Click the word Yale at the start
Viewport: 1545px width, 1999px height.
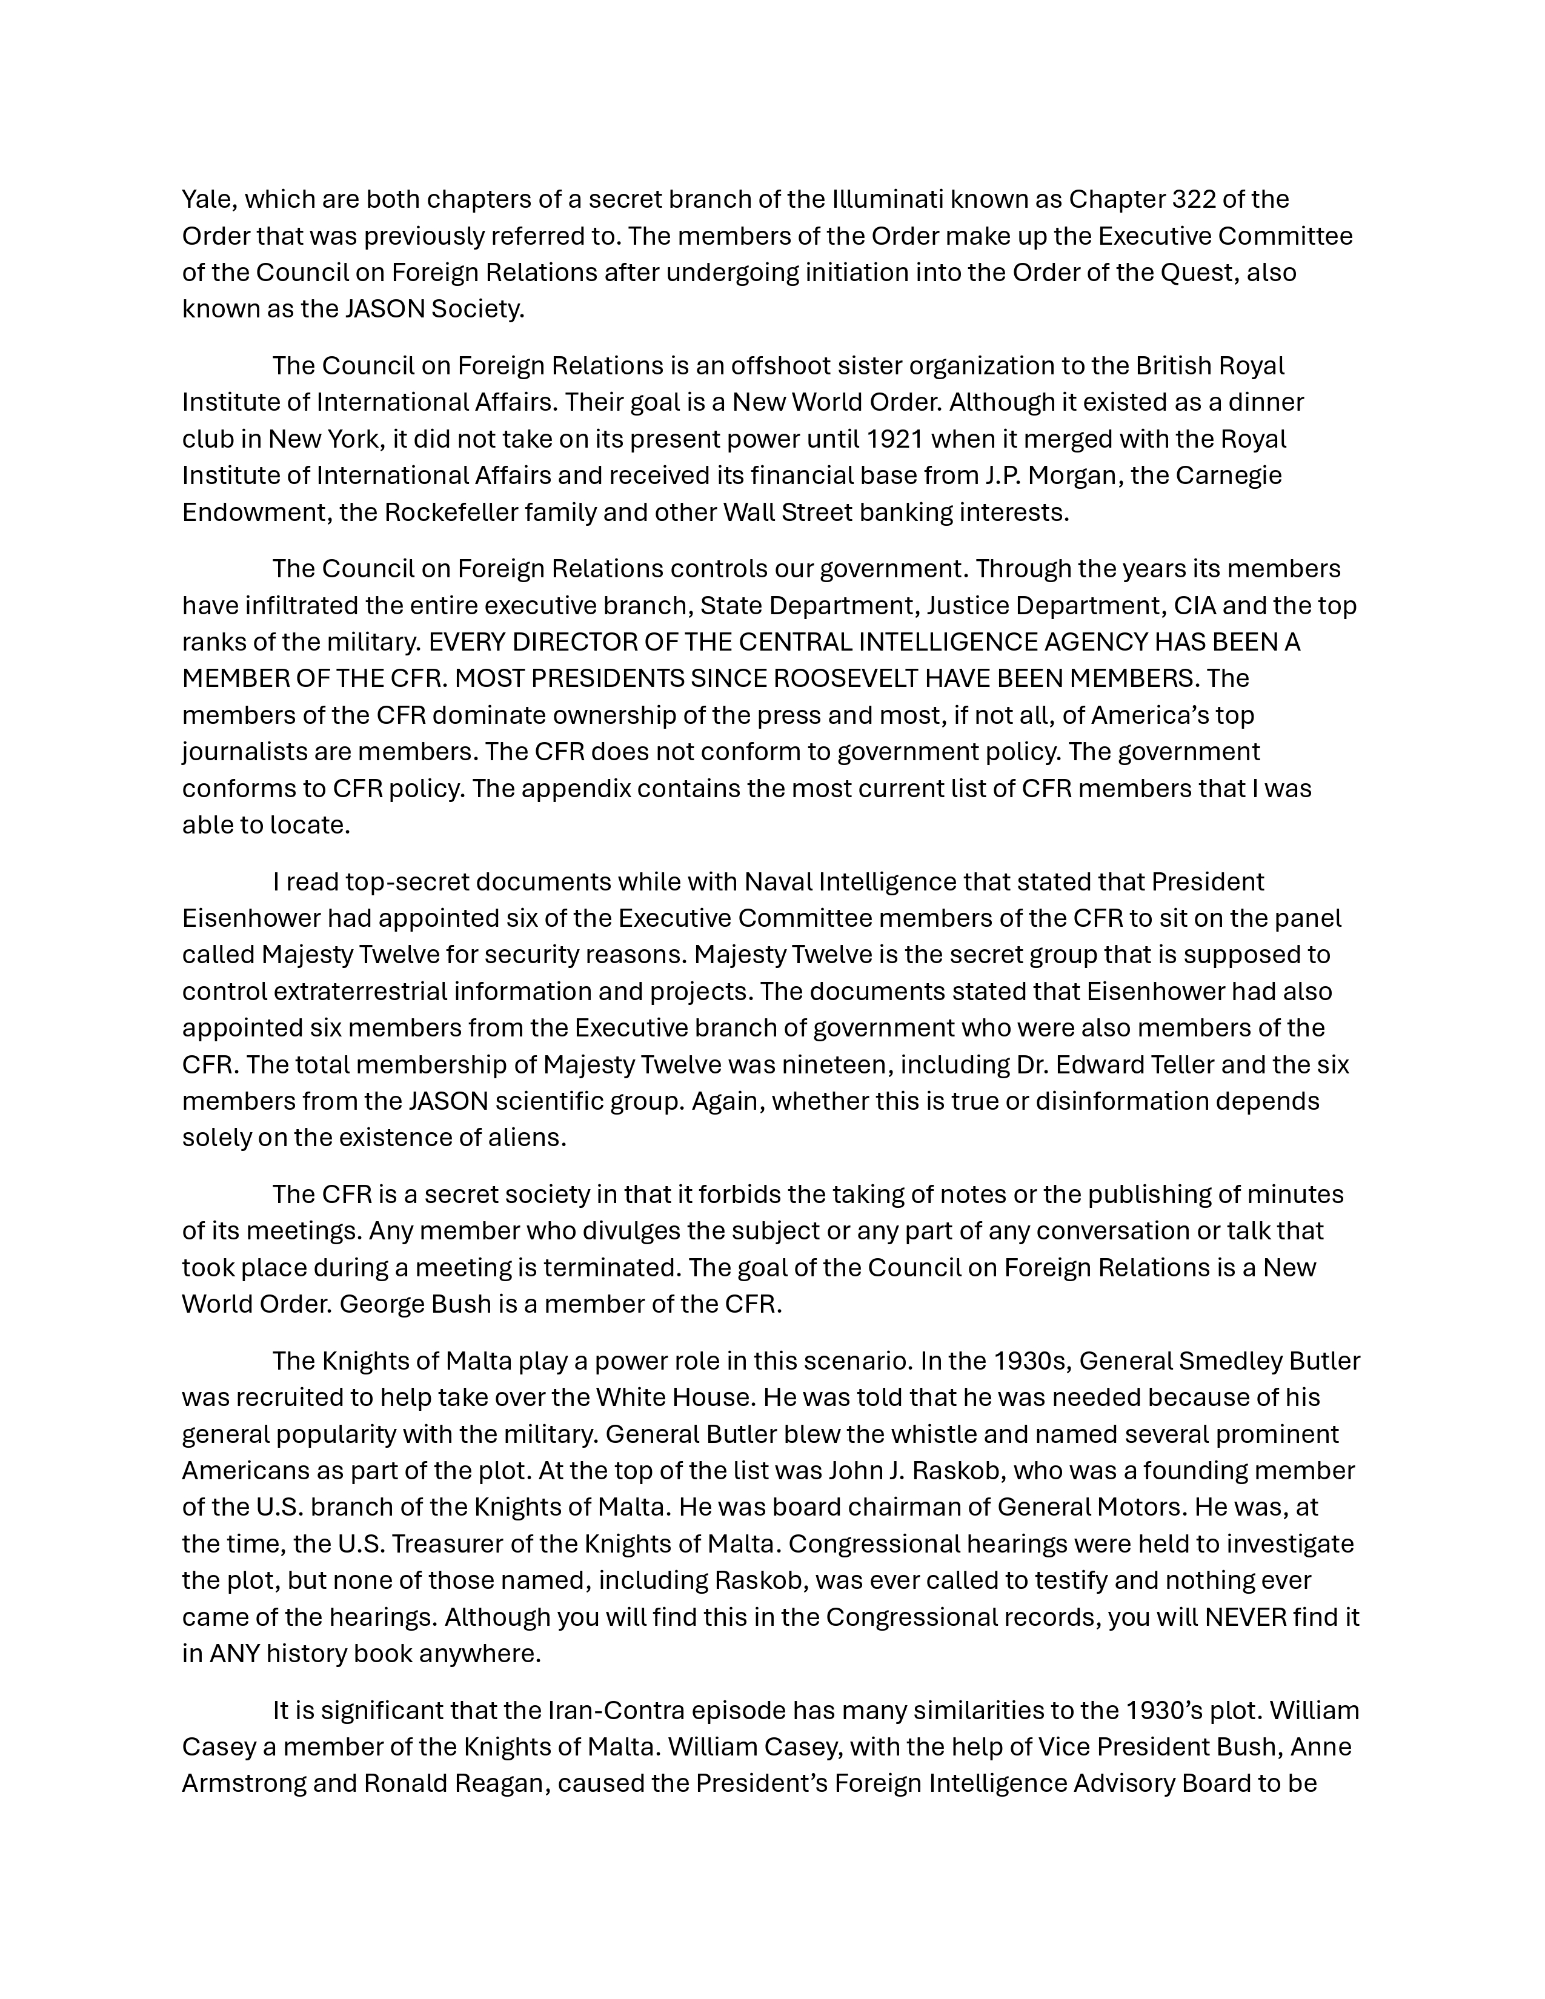[207, 199]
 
